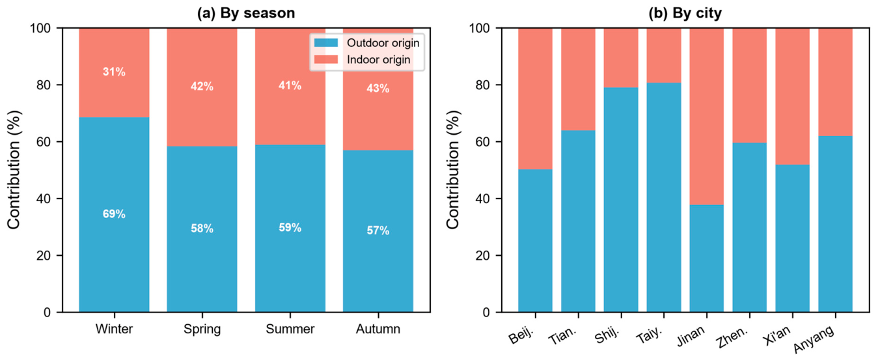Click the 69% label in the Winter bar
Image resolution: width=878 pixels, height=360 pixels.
tap(114, 214)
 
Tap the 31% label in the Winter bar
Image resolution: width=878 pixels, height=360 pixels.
tap(114, 72)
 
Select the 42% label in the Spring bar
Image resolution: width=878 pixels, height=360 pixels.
tap(202, 87)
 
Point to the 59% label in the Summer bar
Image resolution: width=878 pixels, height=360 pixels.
tap(290, 227)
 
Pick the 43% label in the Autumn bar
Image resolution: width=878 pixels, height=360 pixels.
tap(378, 89)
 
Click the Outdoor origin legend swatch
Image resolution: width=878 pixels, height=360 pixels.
tap(326, 43)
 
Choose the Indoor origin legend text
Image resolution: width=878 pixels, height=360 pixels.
tap(379, 60)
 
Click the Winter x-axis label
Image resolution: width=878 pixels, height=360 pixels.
tap(114, 329)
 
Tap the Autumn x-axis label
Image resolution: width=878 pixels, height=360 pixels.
tap(378, 329)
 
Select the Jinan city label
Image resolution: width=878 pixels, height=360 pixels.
tap(691, 336)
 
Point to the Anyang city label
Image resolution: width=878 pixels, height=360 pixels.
tap(814, 339)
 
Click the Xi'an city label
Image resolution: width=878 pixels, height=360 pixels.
tap(777, 336)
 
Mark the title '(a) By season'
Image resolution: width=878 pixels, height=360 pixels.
tap(246, 13)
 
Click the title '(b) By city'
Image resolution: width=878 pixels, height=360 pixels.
tap(685, 13)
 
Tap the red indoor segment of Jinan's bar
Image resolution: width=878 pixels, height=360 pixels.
tap(707, 117)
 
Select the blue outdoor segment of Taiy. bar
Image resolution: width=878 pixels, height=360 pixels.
tap(664, 197)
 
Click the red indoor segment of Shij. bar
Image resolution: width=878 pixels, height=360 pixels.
tap(621, 58)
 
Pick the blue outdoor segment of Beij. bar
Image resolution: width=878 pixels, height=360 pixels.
tap(536, 241)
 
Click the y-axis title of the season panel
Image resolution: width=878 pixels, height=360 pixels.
tap(14, 170)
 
